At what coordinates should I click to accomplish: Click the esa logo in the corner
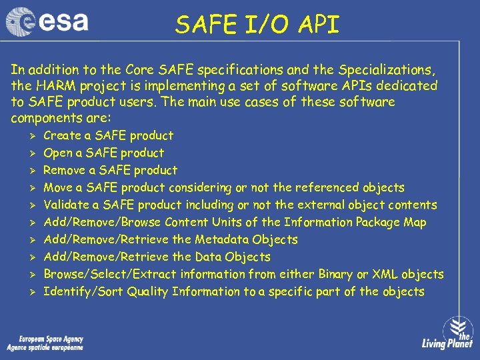click(47, 22)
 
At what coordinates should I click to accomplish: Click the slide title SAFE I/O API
click(257, 25)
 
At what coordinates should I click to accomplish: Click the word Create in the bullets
click(61, 135)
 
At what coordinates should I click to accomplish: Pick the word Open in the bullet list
click(57, 153)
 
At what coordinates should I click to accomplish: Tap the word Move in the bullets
click(58, 187)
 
